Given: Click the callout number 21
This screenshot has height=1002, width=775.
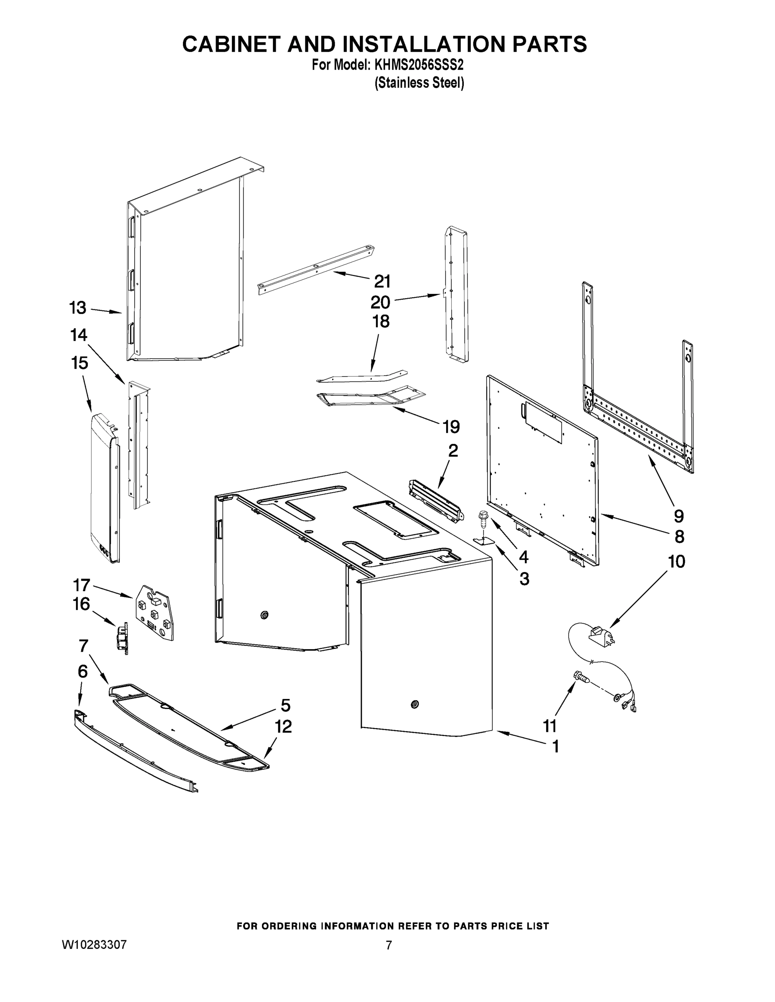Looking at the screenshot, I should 382,281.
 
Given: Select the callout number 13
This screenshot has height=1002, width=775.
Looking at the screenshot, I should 78,308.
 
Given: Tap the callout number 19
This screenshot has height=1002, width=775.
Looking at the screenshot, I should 451,427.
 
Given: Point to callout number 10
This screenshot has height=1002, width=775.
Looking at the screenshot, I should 676,562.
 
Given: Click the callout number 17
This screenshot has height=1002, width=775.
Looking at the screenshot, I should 81,585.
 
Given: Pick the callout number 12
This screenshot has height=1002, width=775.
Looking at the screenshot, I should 283,727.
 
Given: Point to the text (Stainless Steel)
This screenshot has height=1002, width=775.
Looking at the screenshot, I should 419,83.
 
